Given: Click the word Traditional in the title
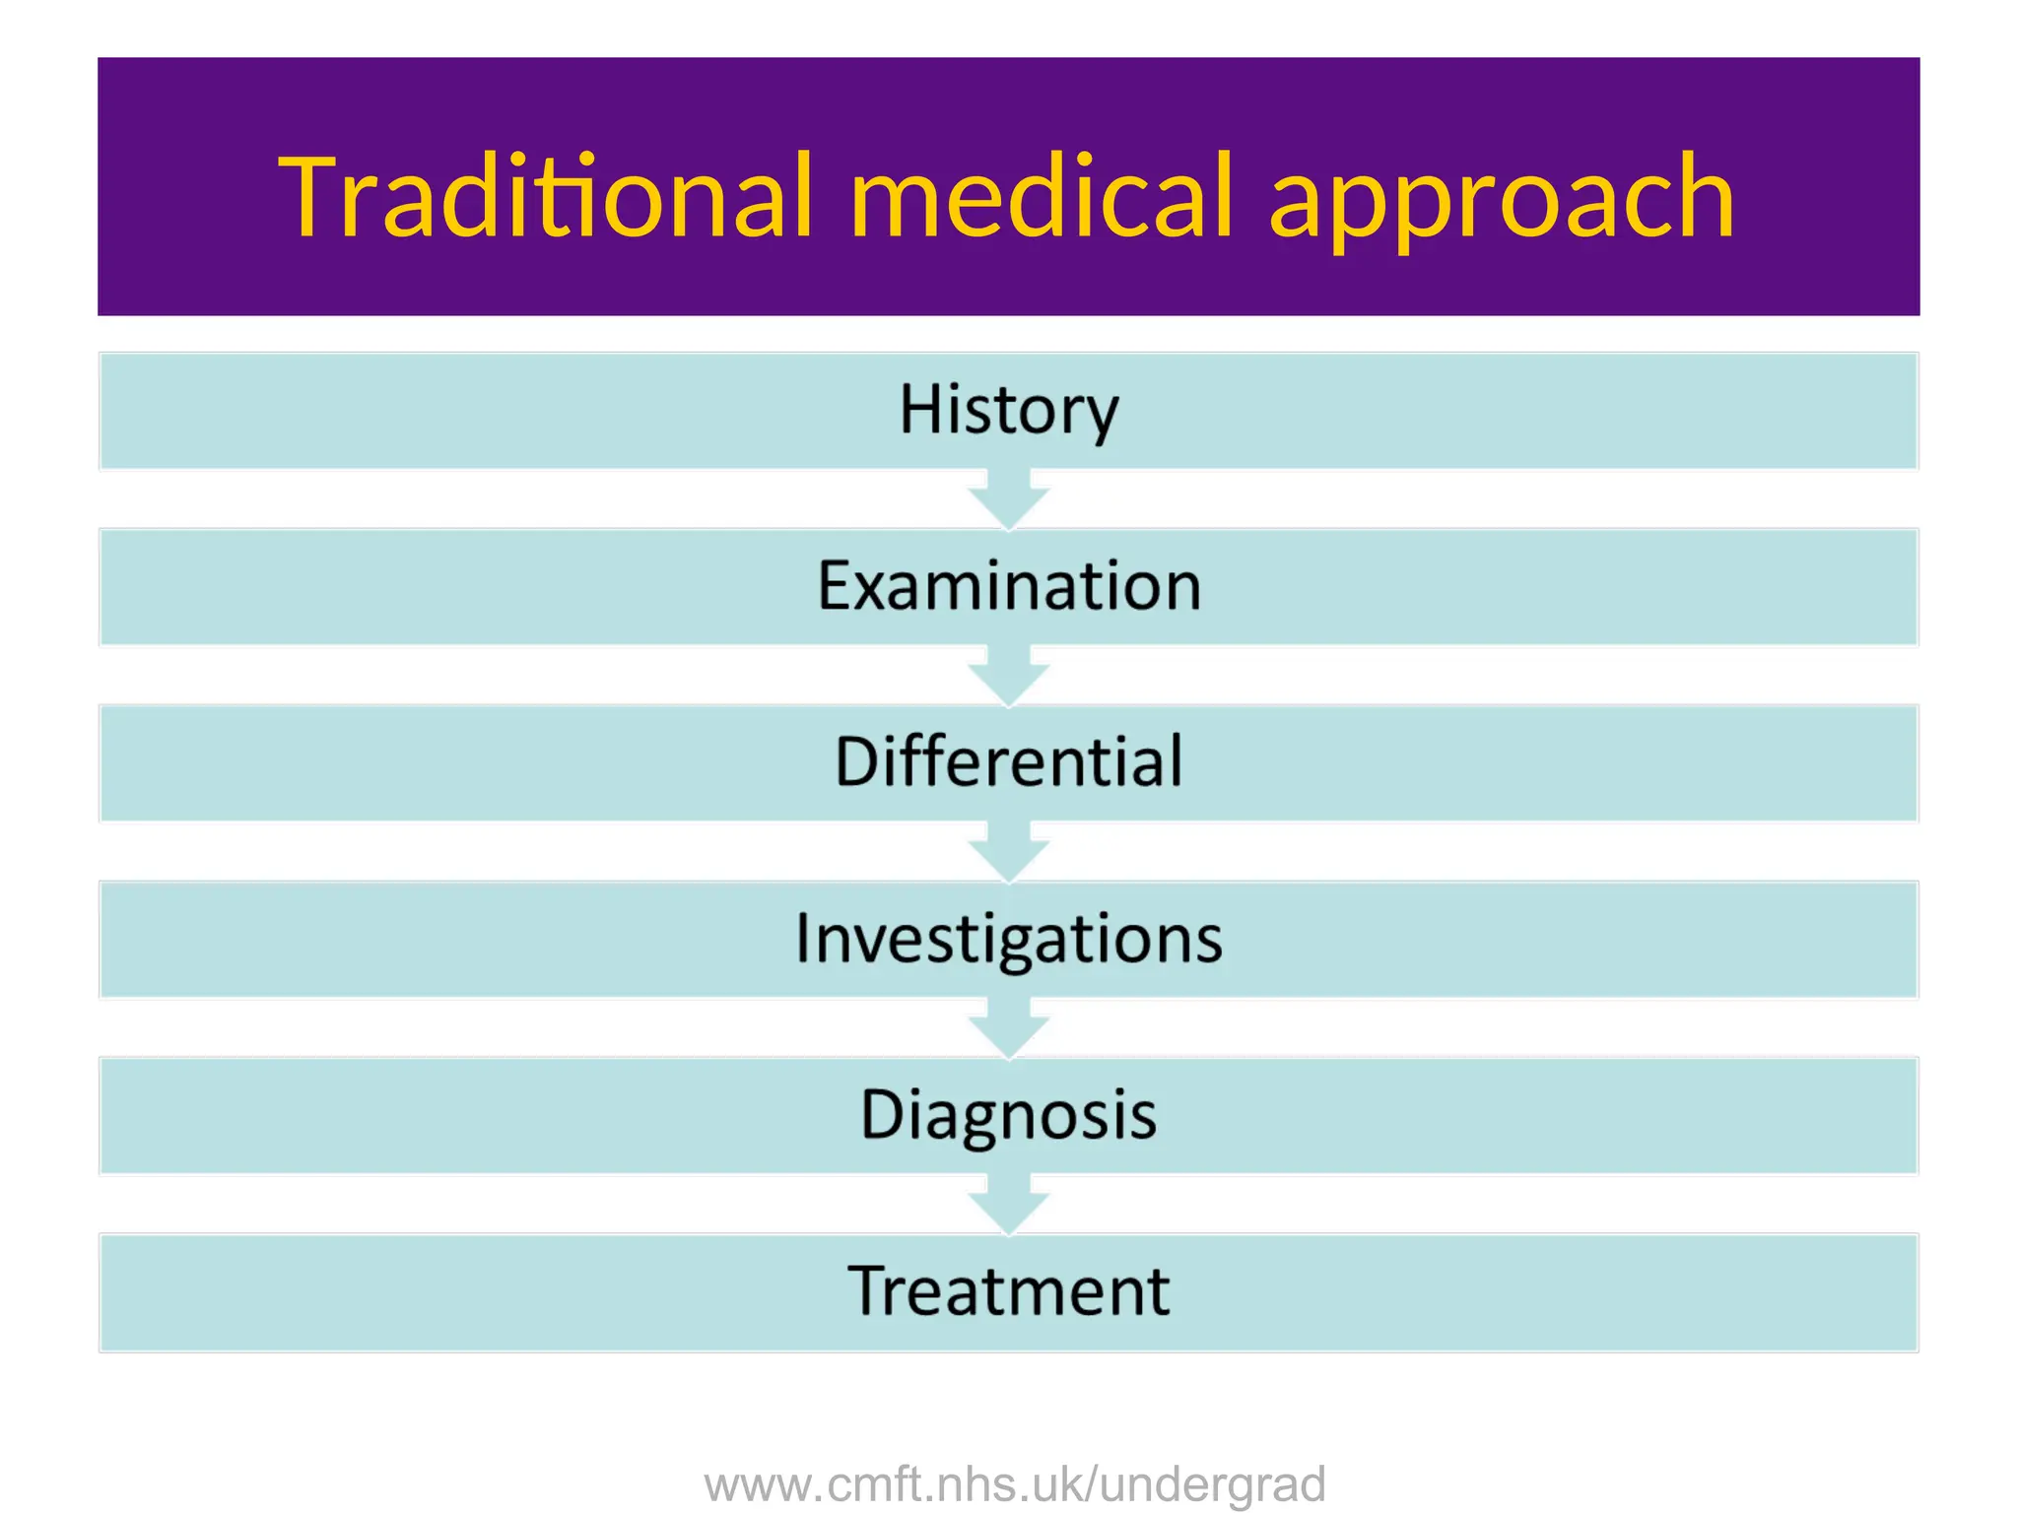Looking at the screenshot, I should [547, 197].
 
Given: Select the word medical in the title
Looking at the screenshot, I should [1041, 197].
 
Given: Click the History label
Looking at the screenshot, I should [1009, 411].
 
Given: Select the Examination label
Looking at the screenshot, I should [1009, 587].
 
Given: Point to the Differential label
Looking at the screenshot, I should [1009, 762].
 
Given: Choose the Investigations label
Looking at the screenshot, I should [1009, 939].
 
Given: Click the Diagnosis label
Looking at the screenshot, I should [1009, 1115].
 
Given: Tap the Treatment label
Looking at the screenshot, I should [1009, 1291].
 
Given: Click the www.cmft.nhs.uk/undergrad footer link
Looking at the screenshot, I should [1015, 1484].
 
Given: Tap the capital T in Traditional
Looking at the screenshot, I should [313, 197].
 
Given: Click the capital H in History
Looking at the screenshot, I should [918, 410].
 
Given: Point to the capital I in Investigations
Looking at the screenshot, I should [804, 938].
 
